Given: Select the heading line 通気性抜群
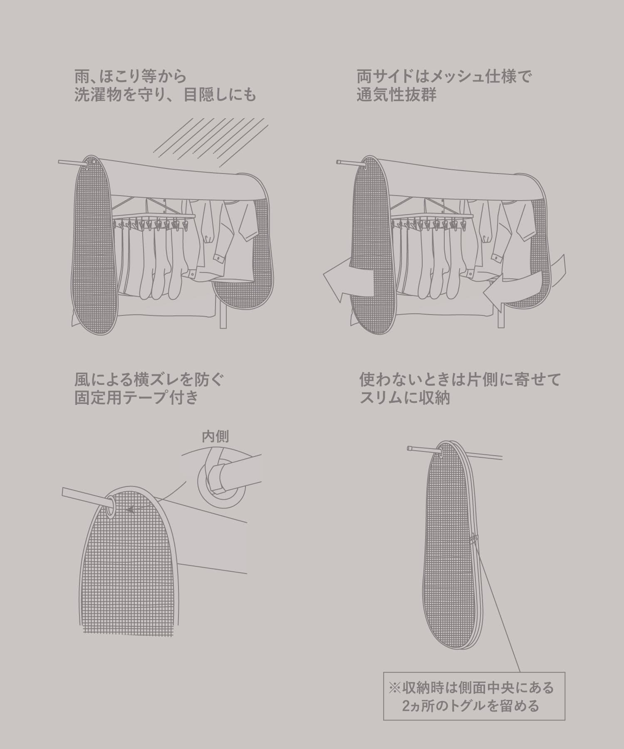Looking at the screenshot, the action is tap(396, 95).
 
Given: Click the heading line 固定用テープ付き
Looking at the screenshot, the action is tap(136, 398).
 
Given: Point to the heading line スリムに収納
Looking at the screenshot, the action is tap(404, 398).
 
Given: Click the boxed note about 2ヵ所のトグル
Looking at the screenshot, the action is tap(474, 696).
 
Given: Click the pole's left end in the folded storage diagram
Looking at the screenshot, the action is tap(409, 448).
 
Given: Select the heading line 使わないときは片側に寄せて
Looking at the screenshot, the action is tap(460, 379).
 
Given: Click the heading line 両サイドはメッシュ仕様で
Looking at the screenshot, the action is tap(444, 77).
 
